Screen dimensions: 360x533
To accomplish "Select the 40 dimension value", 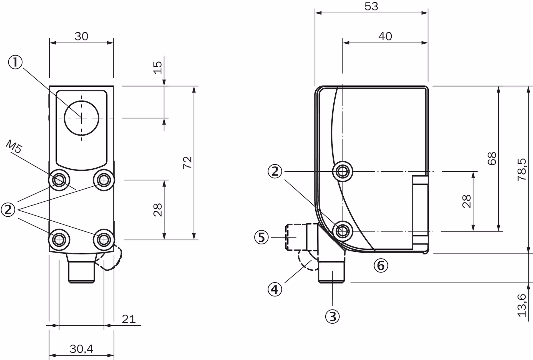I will pyautogui.click(x=385, y=36).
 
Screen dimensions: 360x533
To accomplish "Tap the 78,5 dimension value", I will pyautogui.click(x=522, y=170).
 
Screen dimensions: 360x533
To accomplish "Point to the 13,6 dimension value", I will pyautogui.click(x=522, y=305).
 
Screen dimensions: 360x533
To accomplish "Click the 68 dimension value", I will pyautogui.click(x=492, y=159).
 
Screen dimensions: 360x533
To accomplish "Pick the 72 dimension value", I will pyautogui.click(x=188, y=162).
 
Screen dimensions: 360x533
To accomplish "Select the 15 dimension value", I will pyautogui.click(x=157, y=67).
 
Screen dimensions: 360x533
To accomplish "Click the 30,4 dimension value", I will pyautogui.click(x=81, y=349).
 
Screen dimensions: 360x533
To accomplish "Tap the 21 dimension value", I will pyautogui.click(x=129, y=319).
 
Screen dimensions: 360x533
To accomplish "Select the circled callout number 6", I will pyautogui.click(x=381, y=266).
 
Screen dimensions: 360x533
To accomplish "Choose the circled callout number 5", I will pyautogui.click(x=262, y=237).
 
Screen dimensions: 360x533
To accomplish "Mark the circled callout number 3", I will pyautogui.click(x=332, y=317).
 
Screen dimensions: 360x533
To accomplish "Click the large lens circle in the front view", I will pyautogui.click(x=81, y=118).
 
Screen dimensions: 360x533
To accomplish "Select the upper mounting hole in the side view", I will pyautogui.click(x=343, y=172).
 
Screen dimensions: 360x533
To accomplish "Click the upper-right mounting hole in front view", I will pyautogui.click(x=104, y=180).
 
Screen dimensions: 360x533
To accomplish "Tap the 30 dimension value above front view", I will pyautogui.click(x=81, y=36).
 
